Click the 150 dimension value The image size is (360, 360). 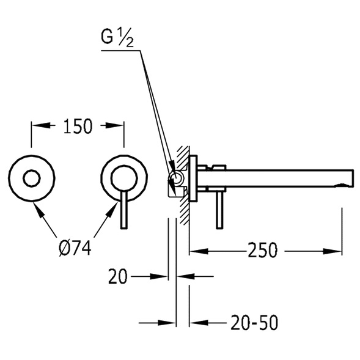click(78, 126)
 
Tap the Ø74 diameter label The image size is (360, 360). click(75, 248)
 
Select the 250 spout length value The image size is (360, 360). click(262, 251)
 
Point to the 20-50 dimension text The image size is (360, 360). click(254, 322)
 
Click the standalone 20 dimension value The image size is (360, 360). click(117, 276)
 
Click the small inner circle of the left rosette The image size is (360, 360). click(32, 178)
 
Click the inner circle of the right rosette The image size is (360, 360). click(124, 178)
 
